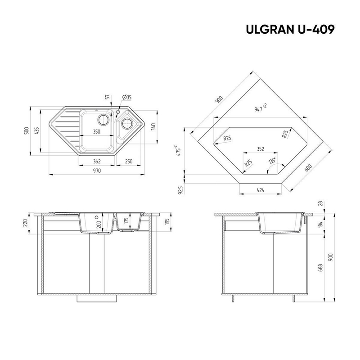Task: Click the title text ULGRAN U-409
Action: pos(290,29)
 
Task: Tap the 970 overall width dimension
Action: pos(97,171)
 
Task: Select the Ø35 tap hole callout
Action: pos(127,97)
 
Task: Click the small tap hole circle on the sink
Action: pos(118,112)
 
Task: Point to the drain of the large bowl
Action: pos(103,119)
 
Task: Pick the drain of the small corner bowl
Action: pos(127,123)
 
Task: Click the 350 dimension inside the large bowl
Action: pos(97,132)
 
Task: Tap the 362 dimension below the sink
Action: pos(97,162)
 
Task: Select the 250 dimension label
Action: pos(129,162)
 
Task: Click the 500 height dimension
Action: pos(27,130)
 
